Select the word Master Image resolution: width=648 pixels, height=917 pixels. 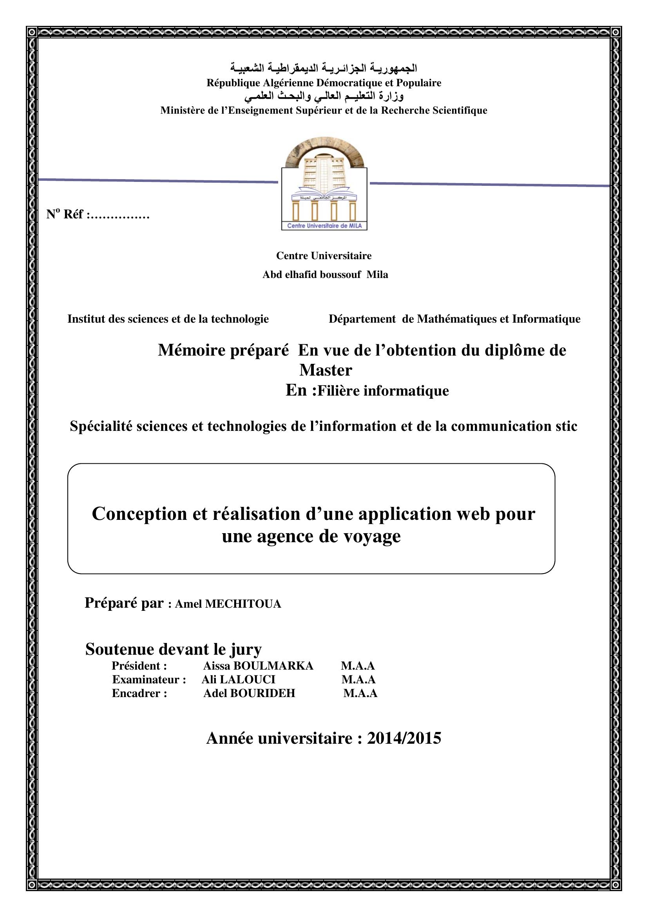click(326, 370)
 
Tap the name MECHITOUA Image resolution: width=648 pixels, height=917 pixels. click(243, 604)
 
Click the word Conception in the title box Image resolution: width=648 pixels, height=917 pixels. click(139, 514)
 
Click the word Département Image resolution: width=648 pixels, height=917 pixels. click(362, 319)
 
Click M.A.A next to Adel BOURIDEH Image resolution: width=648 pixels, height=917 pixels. click(360, 693)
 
